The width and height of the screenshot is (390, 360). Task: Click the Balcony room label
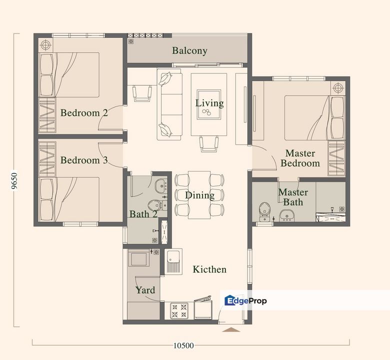189,50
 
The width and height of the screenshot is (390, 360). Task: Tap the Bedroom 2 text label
84,113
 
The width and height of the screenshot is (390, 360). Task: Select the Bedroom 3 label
84,160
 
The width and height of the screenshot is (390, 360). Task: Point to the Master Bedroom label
300,158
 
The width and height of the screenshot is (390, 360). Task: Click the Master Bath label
293,197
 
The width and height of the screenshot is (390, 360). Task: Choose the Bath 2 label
143,214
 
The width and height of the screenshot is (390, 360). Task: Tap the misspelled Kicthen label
209,269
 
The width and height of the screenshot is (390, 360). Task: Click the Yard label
145,290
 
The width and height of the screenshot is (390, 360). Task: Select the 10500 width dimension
184,345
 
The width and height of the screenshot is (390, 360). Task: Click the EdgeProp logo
245,300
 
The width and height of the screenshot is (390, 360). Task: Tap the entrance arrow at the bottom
231,329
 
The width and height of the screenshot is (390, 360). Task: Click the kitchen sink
173,261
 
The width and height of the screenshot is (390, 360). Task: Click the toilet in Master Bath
264,210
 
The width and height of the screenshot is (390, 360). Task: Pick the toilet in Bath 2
155,205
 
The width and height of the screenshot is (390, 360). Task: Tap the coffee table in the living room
209,104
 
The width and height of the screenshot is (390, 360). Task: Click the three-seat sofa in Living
169,105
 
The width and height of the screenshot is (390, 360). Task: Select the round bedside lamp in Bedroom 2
45,45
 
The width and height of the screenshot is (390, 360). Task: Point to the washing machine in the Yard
138,259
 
